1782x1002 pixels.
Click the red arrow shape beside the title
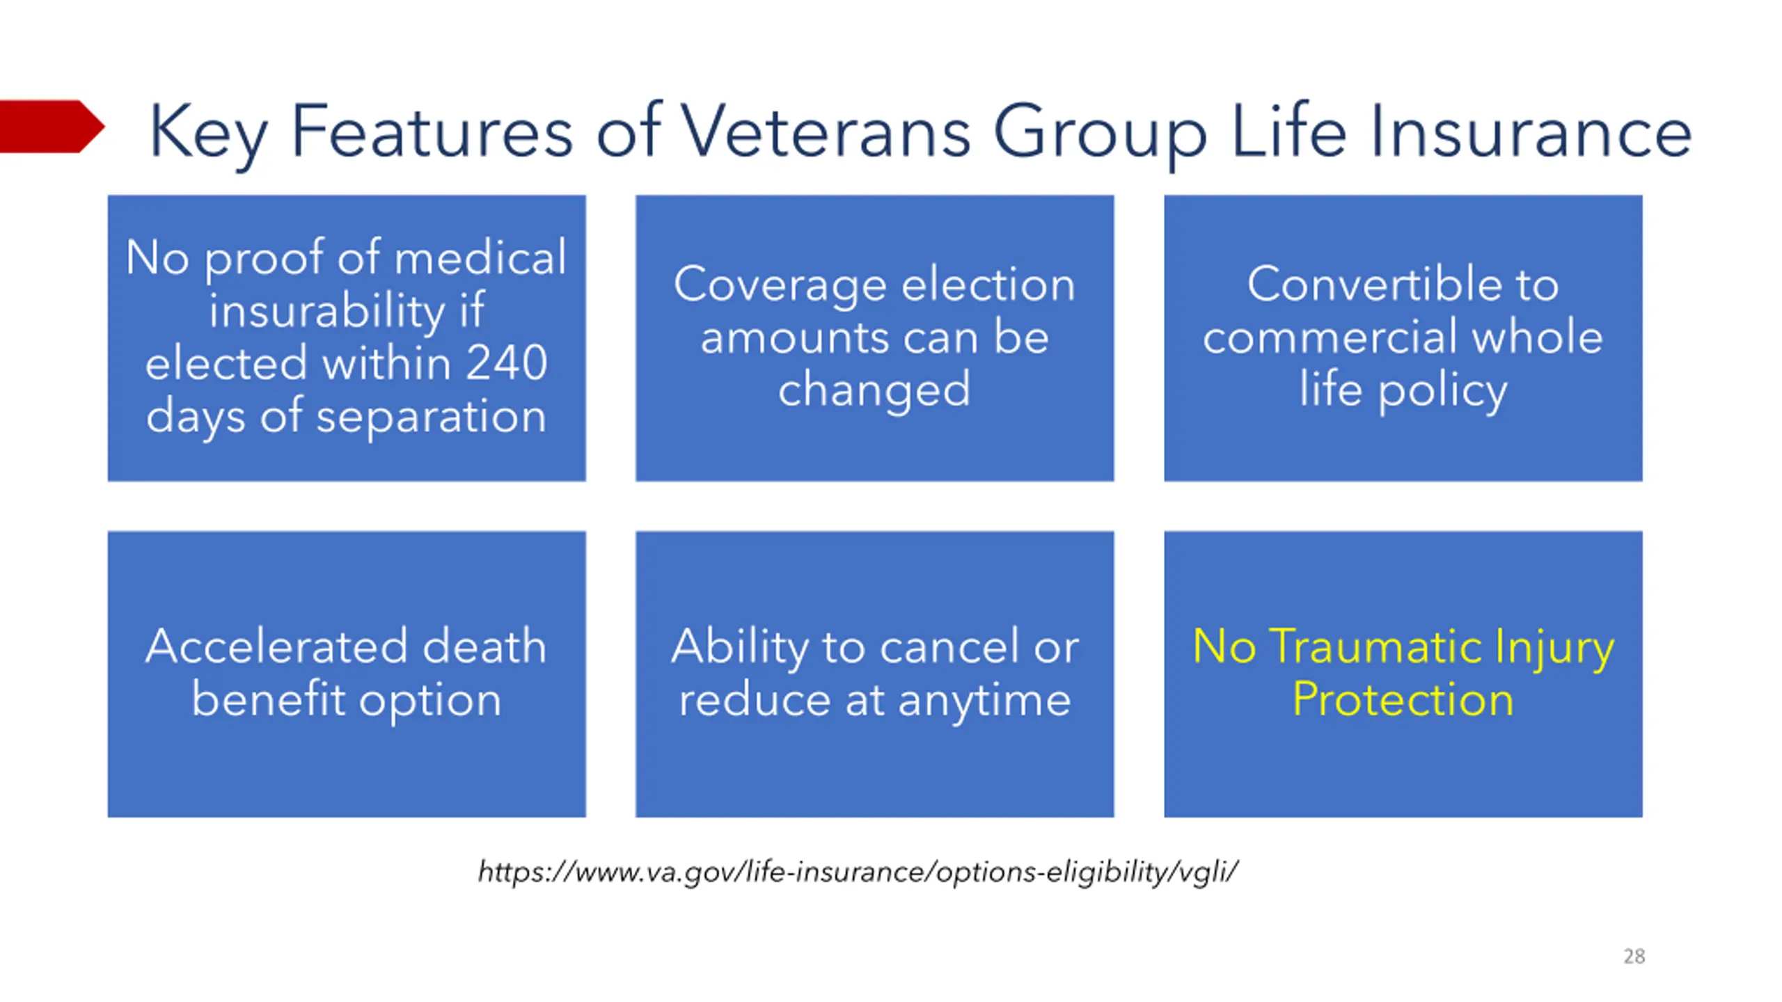(x=52, y=126)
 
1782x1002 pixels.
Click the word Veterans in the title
(x=825, y=131)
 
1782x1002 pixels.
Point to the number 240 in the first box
(x=506, y=363)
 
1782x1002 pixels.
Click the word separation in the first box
(x=431, y=417)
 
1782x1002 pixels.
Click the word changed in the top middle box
(x=874, y=390)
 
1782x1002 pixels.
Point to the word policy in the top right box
(x=1442, y=392)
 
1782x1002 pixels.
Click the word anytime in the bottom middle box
(x=984, y=701)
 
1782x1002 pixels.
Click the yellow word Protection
(x=1403, y=699)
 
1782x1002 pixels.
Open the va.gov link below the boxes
(x=858, y=872)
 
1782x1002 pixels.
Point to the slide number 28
(x=1634, y=956)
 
